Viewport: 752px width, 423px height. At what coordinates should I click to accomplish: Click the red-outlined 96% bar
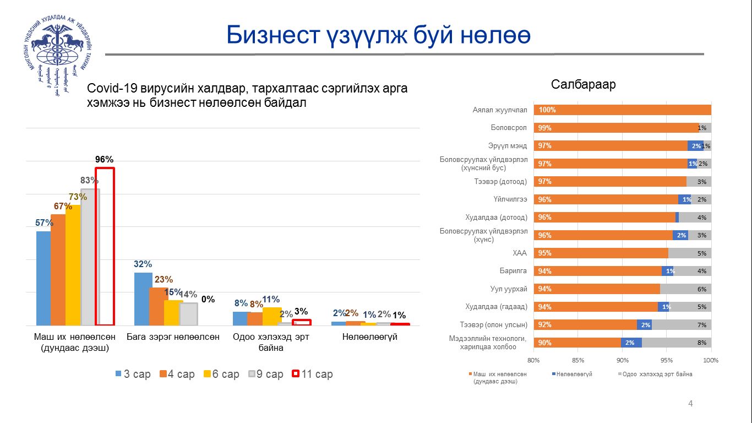pyautogui.click(x=105, y=246)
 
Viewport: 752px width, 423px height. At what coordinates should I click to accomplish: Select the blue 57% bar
pyautogui.click(x=43, y=278)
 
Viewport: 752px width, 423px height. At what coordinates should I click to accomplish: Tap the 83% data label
pyautogui.click(x=89, y=180)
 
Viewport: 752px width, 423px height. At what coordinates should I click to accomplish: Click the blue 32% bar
pyautogui.click(x=143, y=299)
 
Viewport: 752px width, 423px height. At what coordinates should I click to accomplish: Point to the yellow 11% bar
pyautogui.click(x=271, y=316)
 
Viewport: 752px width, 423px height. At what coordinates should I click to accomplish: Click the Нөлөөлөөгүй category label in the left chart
pyautogui.click(x=369, y=337)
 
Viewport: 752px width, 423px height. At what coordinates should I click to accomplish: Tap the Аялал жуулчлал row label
pyautogui.click(x=500, y=110)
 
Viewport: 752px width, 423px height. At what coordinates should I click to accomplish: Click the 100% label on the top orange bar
pyautogui.click(x=547, y=110)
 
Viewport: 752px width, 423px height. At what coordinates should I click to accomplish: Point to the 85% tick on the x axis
pyautogui.click(x=577, y=360)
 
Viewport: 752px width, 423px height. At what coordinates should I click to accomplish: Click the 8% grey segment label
pyautogui.click(x=701, y=343)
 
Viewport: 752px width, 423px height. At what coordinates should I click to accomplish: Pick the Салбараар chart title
pyautogui.click(x=583, y=85)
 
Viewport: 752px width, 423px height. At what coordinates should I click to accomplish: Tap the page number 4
pyautogui.click(x=691, y=404)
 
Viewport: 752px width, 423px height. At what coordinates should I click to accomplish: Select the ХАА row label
pyautogui.click(x=520, y=253)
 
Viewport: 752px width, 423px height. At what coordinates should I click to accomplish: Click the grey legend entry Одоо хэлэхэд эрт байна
pyautogui.click(x=657, y=374)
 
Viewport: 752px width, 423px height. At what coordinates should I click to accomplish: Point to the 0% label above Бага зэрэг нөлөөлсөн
pyautogui.click(x=208, y=300)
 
